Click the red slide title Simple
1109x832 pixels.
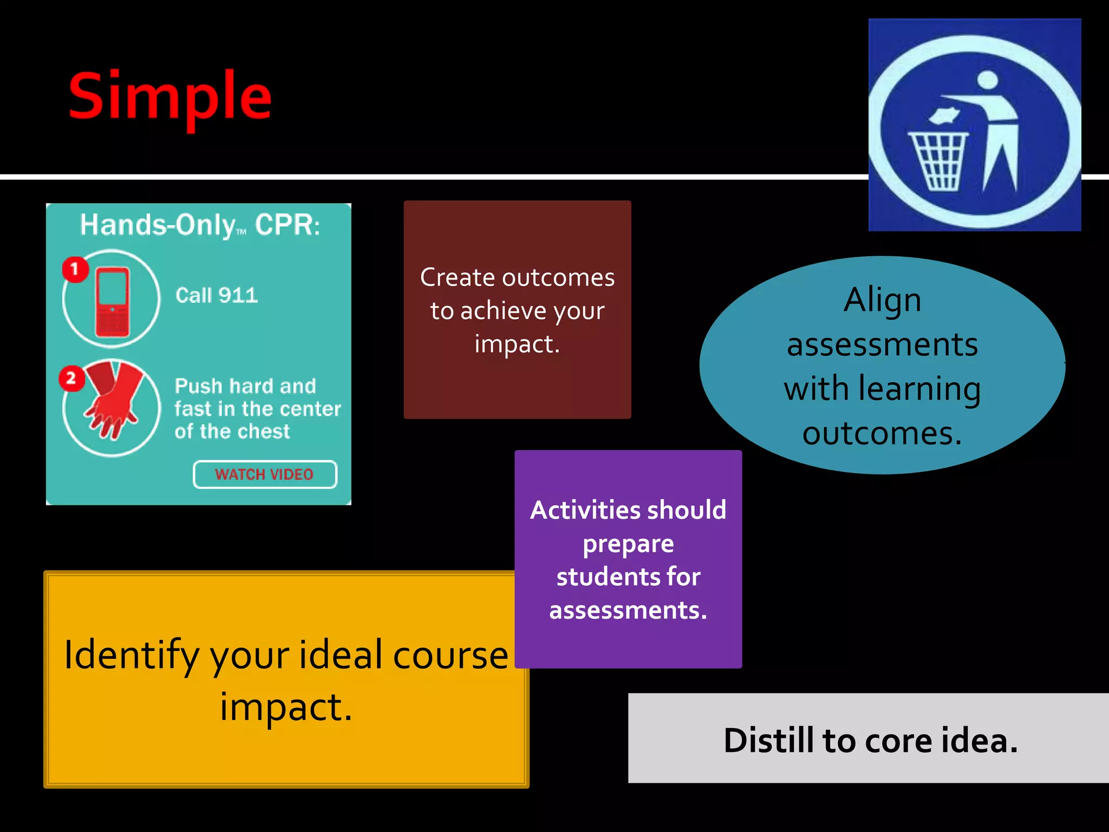click(x=169, y=97)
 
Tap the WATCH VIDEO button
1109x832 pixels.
click(x=265, y=474)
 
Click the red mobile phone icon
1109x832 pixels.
click(x=113, y=301)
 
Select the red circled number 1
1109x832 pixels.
click(x=75, y=269)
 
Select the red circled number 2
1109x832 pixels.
click(x=71, y=379)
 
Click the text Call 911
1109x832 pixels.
click(x=217, y=295)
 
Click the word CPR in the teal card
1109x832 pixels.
click(x=287, y=225)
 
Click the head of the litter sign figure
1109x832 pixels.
click(x=988, y=80)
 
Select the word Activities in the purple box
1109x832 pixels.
click(x=579, y=510)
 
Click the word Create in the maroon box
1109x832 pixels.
click(x=458, y=277)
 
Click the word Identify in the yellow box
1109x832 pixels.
click(x=132, y=655)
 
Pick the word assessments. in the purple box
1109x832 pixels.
click(x=628, y=610)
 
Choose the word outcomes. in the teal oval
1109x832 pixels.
click(x=882, y=433)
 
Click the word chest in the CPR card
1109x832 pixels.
click(x=264, y=432)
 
